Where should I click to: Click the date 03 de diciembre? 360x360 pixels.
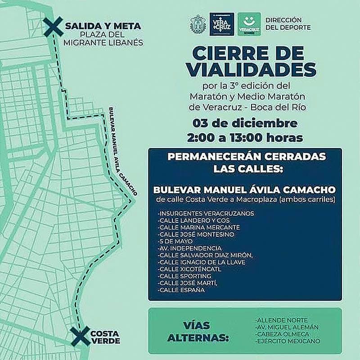[x=245, y=123]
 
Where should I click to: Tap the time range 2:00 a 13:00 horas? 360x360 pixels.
[x=245, y=137]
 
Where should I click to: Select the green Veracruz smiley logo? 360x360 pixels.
[x=250, y=23]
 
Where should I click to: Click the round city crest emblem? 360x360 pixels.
[x=198, y=23]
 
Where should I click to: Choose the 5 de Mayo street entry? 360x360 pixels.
[x=172, y=241]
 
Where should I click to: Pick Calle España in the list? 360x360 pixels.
[x=181, y=290]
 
